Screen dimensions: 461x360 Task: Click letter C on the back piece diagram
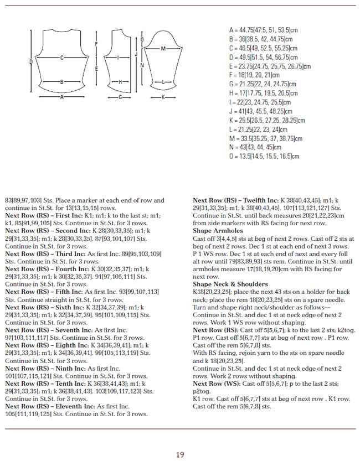click(61, 57)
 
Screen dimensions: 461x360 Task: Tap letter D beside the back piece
click(30, 62)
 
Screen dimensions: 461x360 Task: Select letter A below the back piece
click(61, 96)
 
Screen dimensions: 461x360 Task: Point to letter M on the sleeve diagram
click(163, 49)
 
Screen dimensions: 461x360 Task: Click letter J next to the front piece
click(136, 54)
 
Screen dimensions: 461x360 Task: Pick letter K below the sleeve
click(163, 96)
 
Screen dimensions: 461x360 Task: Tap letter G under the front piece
click(120, 97)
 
